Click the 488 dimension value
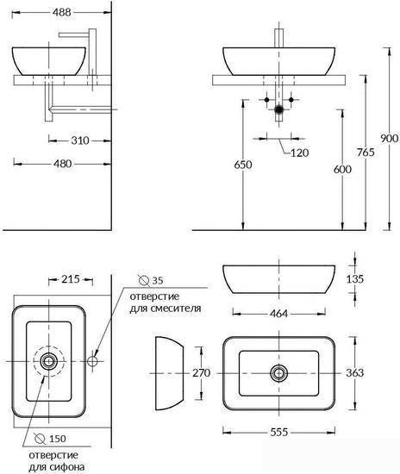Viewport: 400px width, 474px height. click(62, 12)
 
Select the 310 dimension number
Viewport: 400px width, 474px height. click(80, 140)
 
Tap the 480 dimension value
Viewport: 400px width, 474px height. click(63, 164)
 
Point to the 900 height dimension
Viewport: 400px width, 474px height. click(390, 139)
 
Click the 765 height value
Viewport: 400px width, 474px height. click(366, 152)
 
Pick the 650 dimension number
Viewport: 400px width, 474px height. click(243, 165)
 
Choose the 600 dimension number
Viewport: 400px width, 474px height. click(342, 169)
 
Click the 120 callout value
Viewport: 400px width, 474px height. click(300, 153)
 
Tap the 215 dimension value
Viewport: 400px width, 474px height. click(71, 279)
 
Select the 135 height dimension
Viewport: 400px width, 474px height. click(355, 279)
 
